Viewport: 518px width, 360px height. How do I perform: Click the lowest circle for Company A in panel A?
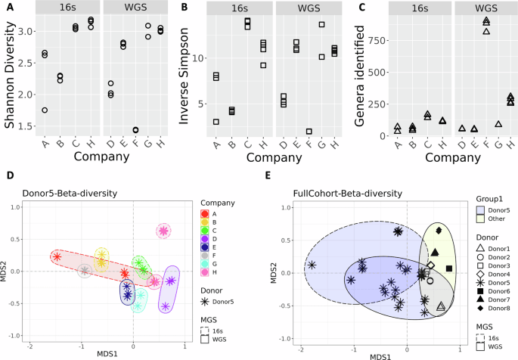pos(45,110)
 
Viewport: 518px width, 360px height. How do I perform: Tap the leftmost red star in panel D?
pos(57,256)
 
